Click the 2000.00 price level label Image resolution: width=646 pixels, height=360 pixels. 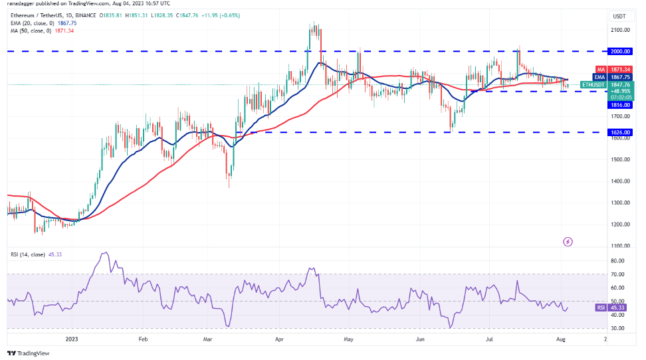[620, 50]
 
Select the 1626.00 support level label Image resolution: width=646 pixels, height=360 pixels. [620, 132]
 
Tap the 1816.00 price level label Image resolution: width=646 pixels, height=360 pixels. [620, 105]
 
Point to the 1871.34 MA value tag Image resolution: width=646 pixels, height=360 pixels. [620, 68]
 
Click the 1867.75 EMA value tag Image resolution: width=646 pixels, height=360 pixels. [620, 76]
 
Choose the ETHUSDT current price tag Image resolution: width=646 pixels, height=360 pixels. [620, 84]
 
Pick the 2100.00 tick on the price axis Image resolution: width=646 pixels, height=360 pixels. [620, 30]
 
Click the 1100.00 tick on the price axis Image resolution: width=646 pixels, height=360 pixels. [620, 246]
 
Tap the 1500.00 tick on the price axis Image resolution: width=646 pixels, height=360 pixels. [620, 159]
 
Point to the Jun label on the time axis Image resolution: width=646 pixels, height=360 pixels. [419, 337]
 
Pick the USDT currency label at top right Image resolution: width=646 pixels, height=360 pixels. [619, 17]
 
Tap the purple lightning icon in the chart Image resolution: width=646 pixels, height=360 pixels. [568, 241]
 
